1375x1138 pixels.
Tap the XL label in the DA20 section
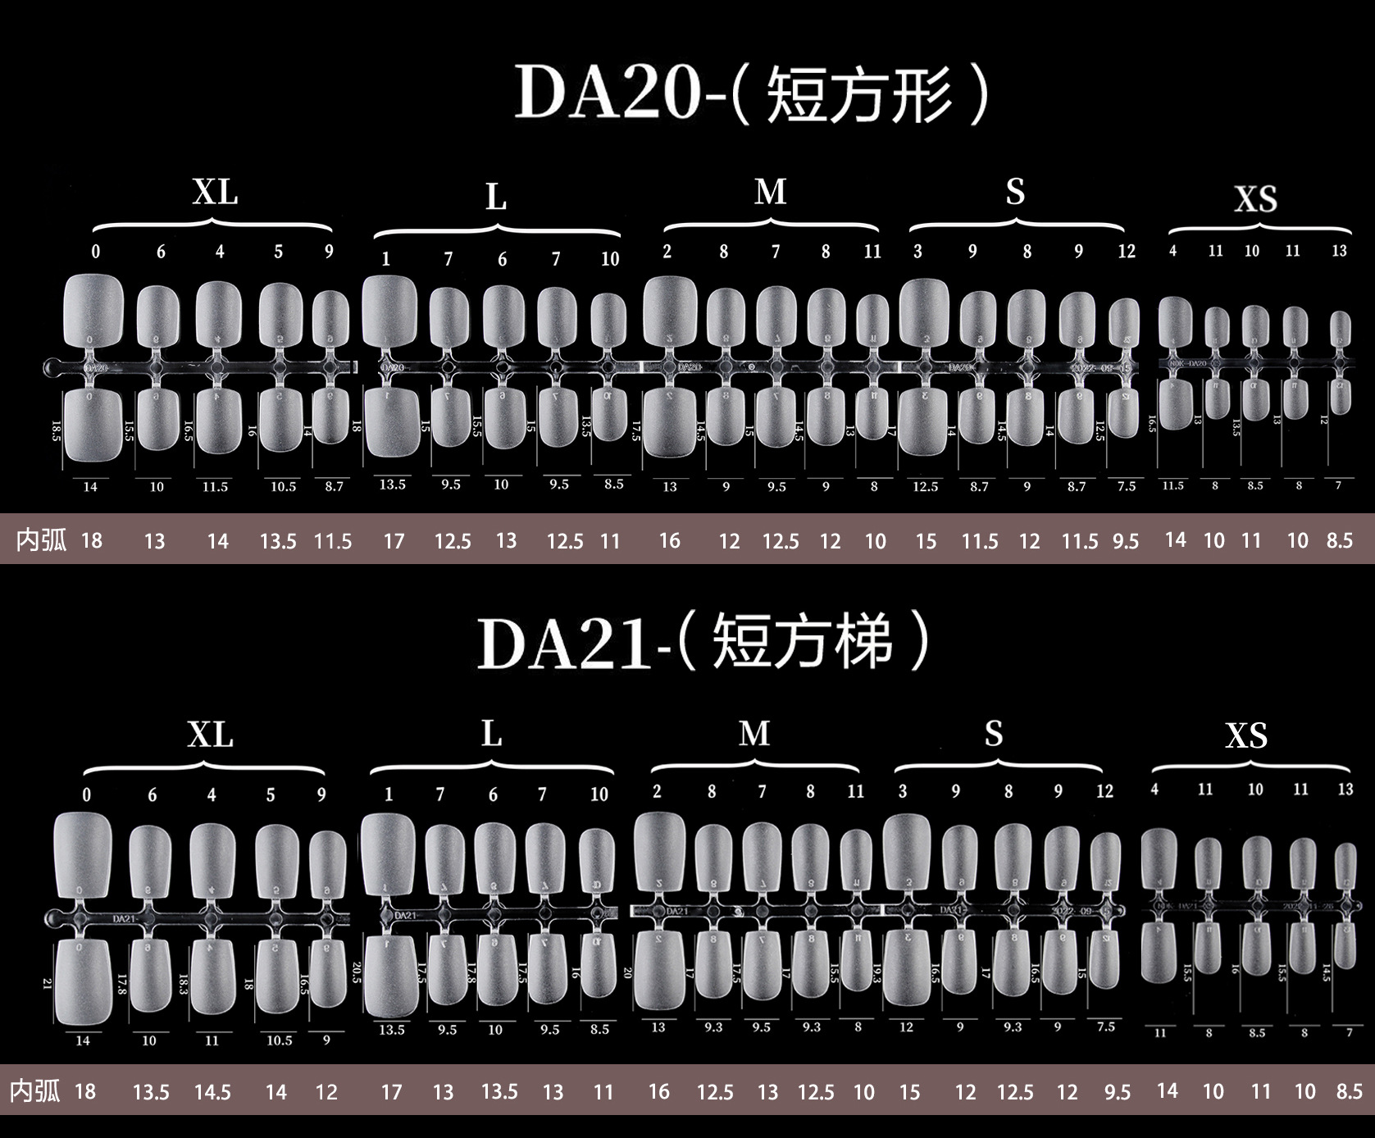(x=215, y=193)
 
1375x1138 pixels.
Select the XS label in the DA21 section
(x=1246, y=736)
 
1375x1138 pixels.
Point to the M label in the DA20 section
(x=770, y=193)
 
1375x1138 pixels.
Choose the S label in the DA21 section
(x=994, y=734)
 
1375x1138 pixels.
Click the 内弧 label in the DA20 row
(x=41, y=540)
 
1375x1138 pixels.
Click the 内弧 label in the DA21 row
(x=35, y=1091)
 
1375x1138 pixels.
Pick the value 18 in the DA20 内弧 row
(x=92, y=540)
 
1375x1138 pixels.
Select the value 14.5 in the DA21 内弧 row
(x=212, y=1092)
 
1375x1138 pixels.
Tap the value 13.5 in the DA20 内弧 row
(x=278, y=541)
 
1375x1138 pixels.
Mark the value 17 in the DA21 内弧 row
(x=392, y=1092)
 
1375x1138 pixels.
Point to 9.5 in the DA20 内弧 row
(x=1126, y=541)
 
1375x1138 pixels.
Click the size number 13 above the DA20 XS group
(x=1339, y=251)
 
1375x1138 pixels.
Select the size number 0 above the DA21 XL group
(x=87, y=794)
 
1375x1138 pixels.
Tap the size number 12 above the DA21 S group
(x=1104, y=791)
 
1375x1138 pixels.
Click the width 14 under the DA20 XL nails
(x=90, y=487)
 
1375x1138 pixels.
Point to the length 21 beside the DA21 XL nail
(x=47, y=982)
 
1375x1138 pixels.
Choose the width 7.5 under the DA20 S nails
(x=1127, y=486)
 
